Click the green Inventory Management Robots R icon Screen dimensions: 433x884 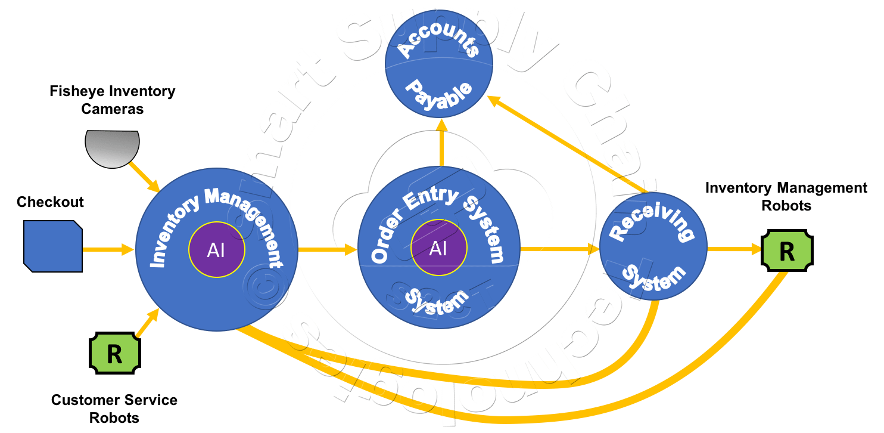click(x=787, y=251)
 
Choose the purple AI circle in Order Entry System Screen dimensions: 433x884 click(x=438, y=249)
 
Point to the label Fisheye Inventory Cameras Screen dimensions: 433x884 click(x=113, y=100)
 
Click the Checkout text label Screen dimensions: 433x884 click(x=50, y=202)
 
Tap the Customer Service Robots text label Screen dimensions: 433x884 click(x=114, y=408)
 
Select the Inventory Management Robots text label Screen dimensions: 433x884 click(x=786, y=197)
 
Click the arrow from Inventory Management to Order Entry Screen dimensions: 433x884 click(x=327, y=249)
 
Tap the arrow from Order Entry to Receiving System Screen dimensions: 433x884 click(x=560, y=249)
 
